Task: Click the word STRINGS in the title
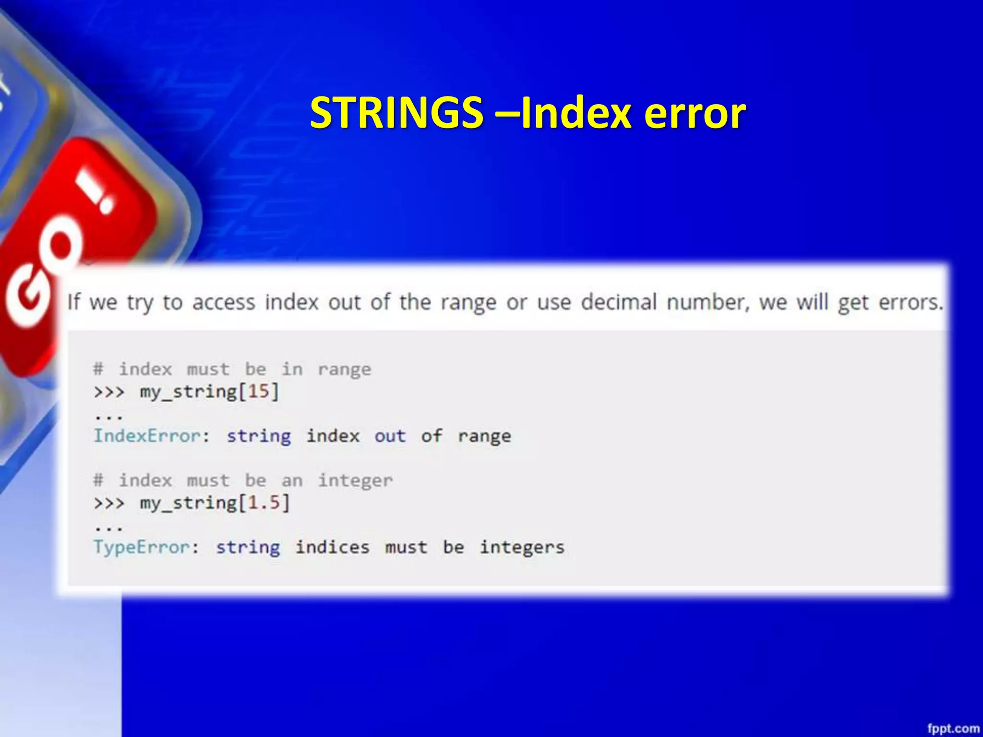click(x=396, y=113)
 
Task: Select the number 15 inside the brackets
click(x=258, y=392)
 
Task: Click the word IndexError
click(x=147, y=436)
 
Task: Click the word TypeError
click(x=142, y=547)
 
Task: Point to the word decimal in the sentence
click(x=619, y=302)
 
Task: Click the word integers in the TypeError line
click(x=522, y=547)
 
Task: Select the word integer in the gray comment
click(x=355, y=481)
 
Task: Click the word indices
click(x=332, y=547)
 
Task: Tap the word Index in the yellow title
click(x=576, y=113)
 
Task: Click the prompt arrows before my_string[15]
click(x=109, y=392)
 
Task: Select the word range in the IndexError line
click(x=484, y=437)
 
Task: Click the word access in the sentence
click(x=224, y=302)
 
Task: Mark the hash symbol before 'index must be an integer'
click(x=98, y=480)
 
